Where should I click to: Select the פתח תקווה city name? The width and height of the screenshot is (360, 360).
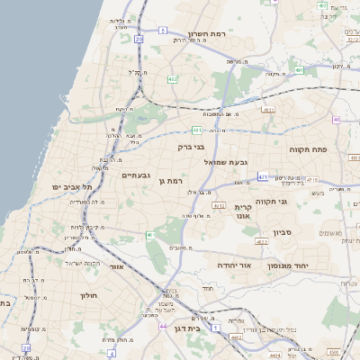308,149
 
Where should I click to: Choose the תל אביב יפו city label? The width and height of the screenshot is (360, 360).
74,186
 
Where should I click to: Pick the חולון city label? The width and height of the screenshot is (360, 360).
87,295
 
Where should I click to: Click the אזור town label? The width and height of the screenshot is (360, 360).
115,267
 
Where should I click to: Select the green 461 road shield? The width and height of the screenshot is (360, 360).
151,236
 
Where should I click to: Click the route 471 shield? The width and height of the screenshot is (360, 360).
262,177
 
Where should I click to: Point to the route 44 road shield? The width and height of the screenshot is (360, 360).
162,326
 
